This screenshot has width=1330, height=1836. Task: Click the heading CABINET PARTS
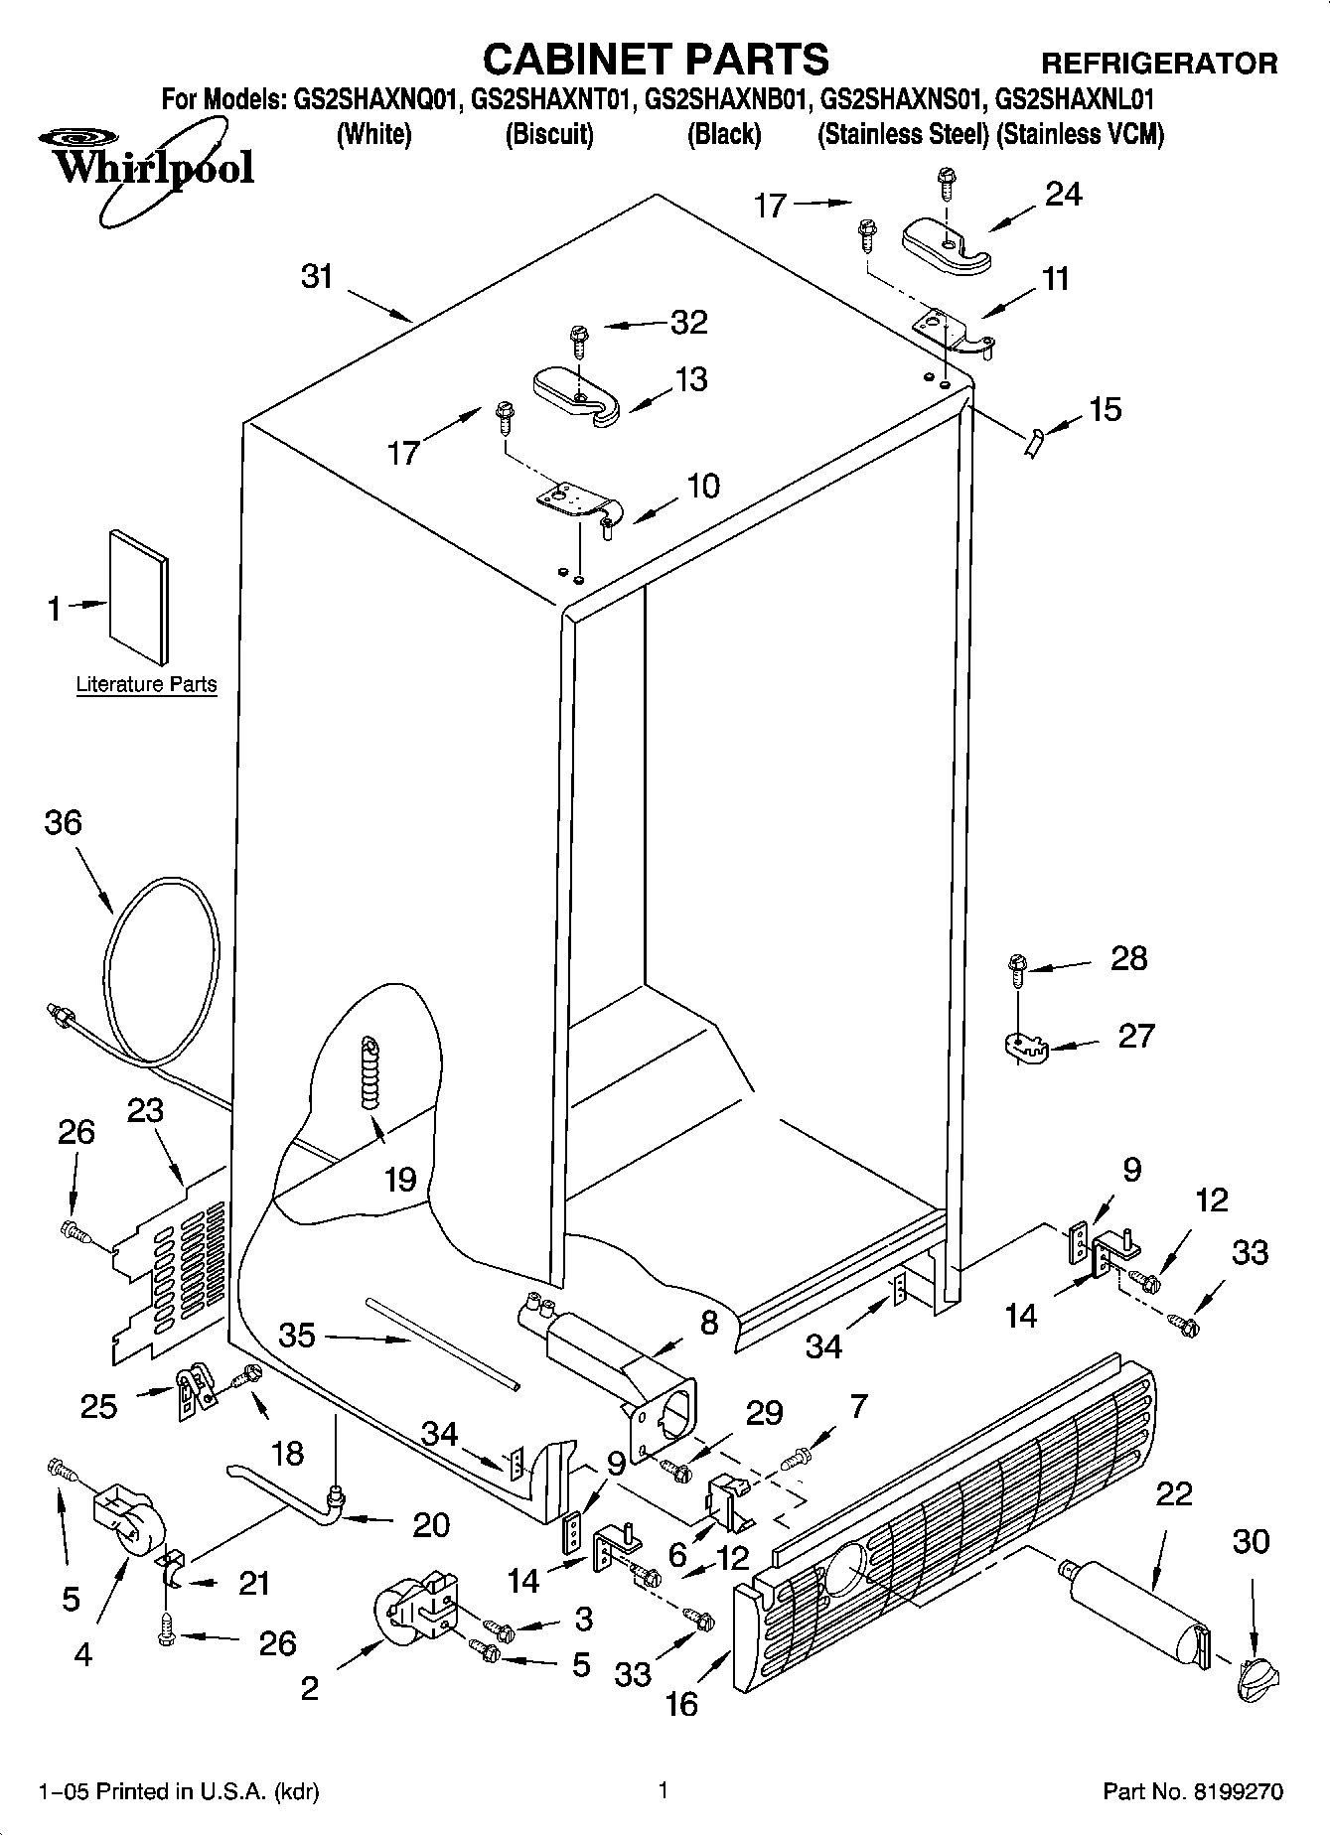(x=656, y=60)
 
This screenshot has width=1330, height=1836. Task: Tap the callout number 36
(x=63, y=822)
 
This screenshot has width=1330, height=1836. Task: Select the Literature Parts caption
(x=146, y=684)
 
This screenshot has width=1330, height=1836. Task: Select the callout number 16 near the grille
(x=681, y=1704)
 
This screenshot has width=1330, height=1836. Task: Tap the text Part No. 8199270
(x=1193, y=1791)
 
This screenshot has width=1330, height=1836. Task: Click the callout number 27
(x=1136, y=1035)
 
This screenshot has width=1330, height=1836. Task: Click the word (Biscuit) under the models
(x=549, y=134)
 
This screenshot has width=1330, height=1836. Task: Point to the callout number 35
(x=297, y=1336)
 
